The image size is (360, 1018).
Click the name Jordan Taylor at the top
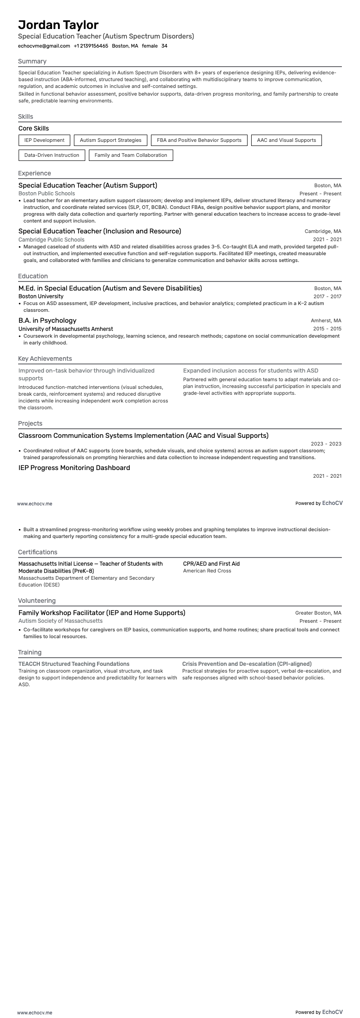[58, 24]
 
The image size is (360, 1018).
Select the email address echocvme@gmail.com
[44, 46]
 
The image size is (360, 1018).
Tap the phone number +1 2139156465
[91, 46]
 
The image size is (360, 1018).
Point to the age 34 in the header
[164, 46]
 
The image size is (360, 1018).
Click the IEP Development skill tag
[44, 140]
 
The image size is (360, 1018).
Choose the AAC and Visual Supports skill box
[286, 140]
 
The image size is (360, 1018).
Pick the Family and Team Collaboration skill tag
[131, 155]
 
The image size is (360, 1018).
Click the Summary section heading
[32, 61]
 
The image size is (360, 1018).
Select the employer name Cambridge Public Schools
[51, 239]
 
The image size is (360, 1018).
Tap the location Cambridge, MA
[323, 231]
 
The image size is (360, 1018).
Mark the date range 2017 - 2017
[327, 296]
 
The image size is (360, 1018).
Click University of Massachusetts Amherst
[66, 329]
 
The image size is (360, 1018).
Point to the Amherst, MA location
[326, 320]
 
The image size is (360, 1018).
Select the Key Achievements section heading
[45, 359]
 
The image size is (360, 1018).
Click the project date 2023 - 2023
[326, 444]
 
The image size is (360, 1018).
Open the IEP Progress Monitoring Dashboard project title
[74, 468]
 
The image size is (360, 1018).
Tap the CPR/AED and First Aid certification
[211, 563]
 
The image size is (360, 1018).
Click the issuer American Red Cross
[207, 571]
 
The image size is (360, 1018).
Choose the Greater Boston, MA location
[318, 613]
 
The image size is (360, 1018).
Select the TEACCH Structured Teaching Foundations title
[74, 664]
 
